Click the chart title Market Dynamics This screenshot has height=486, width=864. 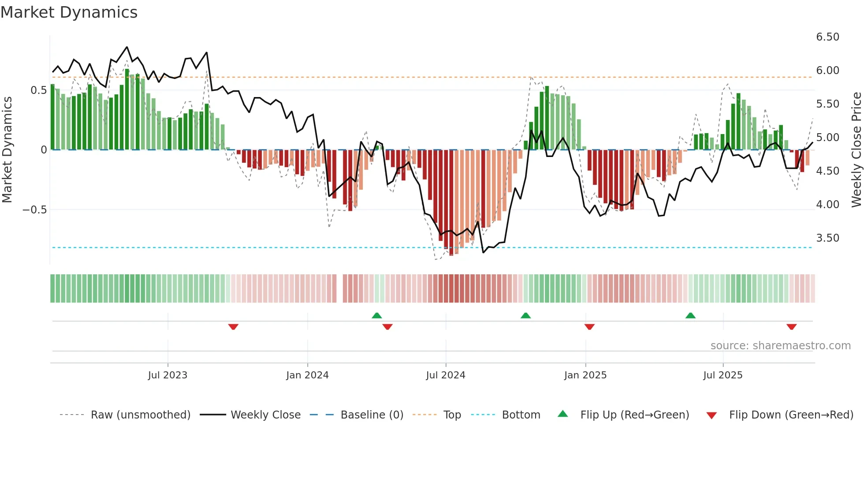(69, 12)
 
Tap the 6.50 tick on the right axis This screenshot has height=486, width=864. (827, 37)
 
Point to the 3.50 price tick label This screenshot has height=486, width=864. (827, 238)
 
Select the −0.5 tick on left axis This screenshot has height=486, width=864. (34, 210)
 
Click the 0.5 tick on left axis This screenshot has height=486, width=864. (38, 90)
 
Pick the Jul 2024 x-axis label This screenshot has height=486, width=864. (445, 375)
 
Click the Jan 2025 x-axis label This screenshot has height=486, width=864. (585, 375)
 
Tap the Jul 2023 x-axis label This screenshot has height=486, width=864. (168, 375)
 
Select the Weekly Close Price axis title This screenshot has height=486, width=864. (856, 150)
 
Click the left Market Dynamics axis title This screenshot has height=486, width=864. (7, 150)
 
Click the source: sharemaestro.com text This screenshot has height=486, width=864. (780, 346)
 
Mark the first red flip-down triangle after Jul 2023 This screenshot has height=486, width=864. (233, 327)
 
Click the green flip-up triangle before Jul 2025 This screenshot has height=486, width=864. (690, 315)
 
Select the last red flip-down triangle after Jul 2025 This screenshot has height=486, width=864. (791, 327)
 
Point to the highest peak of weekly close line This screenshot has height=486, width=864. (127, 47)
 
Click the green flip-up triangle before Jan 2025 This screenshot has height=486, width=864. (525, 315)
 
